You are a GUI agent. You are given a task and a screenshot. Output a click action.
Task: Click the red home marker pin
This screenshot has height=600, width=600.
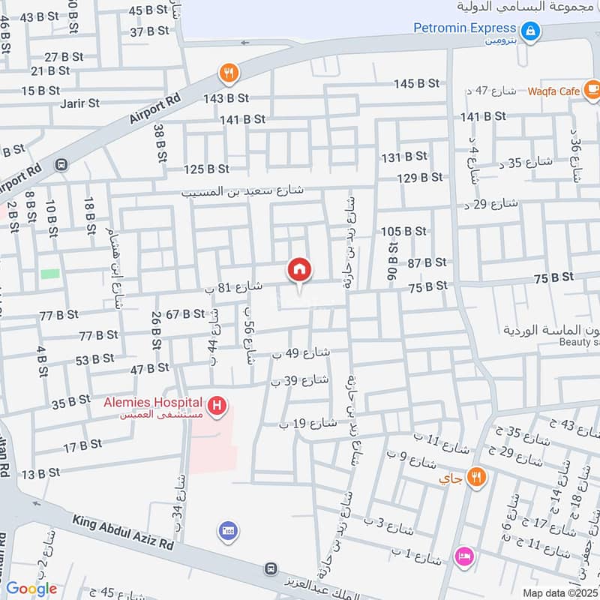click(299, 270)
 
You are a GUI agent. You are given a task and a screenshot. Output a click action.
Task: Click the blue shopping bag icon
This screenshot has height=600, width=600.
click(530, 31)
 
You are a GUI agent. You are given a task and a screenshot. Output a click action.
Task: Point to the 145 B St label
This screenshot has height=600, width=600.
click(416, 83)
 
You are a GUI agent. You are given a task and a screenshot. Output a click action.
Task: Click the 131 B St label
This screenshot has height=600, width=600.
click(404, 157)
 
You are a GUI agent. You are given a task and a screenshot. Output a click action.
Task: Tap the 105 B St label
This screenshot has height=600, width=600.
click(403, 231)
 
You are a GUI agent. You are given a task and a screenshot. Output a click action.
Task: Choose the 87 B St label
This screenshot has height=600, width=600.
click(427, 262)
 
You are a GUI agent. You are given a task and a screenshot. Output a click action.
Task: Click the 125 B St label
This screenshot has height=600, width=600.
click(206, 169)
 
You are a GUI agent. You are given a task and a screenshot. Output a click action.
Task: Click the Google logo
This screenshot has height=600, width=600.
click(31, 589)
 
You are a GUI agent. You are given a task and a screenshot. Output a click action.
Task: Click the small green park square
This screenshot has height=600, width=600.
click(50, 274)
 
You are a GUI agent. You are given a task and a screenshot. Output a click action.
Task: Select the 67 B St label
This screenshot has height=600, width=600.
click(184, 313)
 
